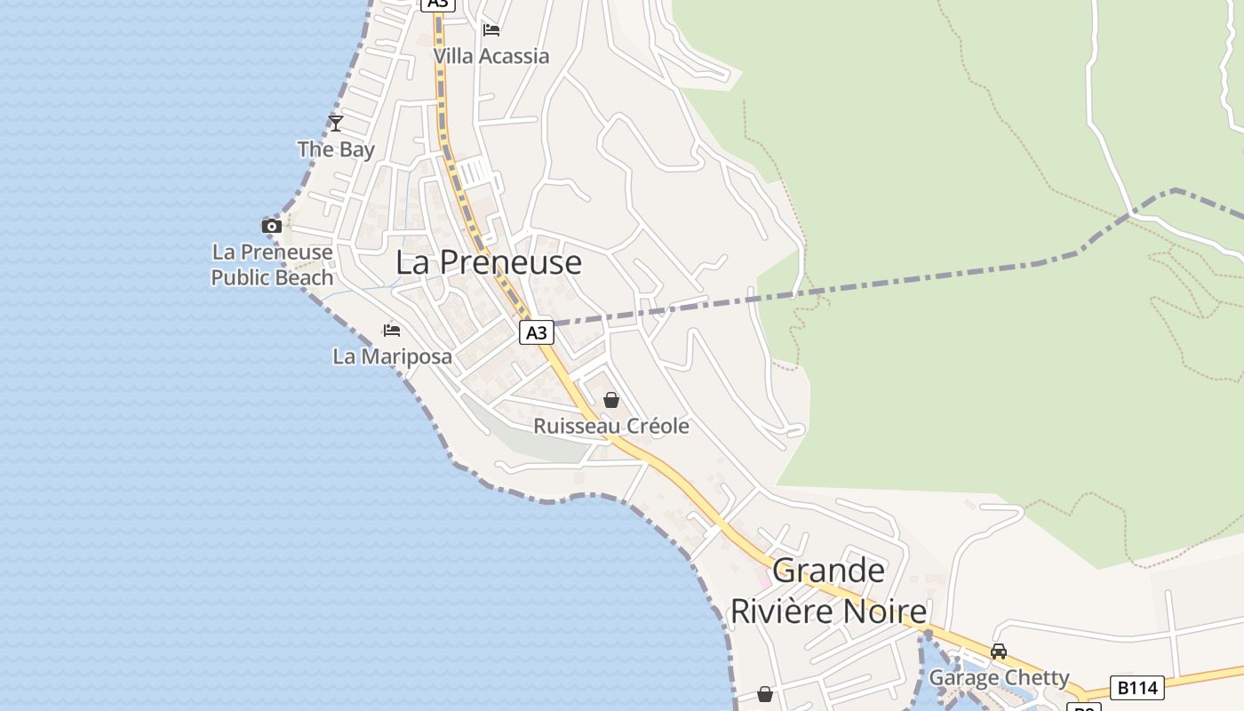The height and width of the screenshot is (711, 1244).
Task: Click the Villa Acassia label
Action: [490, 56]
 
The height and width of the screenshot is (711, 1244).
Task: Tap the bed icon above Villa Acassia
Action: [491, 30]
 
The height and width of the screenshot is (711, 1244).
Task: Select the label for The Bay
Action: [336, 149]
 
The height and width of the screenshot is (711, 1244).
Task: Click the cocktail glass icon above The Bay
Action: [336, 124]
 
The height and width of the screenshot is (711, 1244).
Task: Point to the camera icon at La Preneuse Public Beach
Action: [272, 226]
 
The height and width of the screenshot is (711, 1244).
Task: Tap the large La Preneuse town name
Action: [489, 262]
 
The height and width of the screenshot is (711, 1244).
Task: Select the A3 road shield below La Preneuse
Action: [536, 332]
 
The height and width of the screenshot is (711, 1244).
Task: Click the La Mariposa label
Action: [392, 356]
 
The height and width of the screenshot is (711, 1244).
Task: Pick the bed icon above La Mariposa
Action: [392, 331]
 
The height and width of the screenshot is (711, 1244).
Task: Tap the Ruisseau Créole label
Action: [610, 426]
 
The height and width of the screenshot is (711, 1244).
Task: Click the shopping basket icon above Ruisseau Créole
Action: [611, 400]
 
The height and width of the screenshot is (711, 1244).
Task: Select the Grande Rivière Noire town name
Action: [828, 591]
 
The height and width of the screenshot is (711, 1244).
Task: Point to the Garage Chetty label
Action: [999, 677]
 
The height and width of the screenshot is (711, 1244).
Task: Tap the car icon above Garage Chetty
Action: [999, 651]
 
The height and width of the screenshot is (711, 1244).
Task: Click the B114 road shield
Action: [1137, 687]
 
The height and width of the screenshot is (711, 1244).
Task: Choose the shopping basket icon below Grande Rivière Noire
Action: [765, 694]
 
